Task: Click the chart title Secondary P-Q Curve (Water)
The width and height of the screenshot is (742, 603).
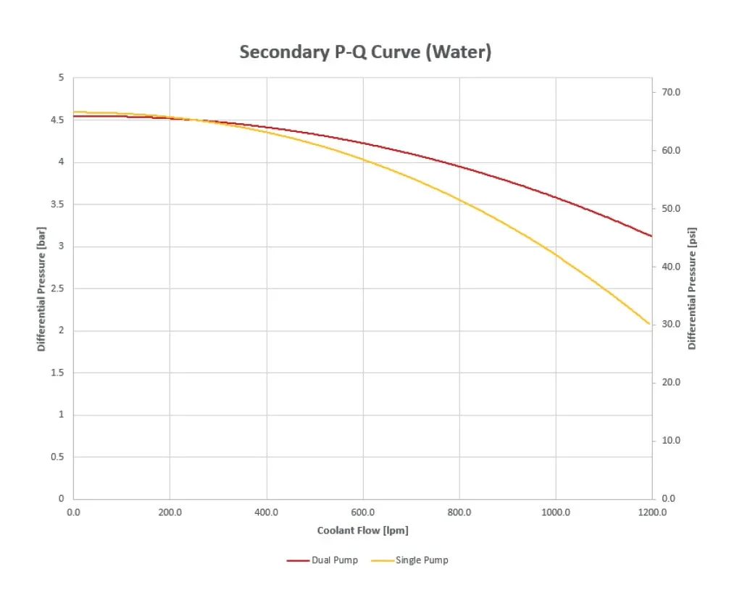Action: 365,52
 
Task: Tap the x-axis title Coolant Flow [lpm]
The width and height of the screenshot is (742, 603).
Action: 362,531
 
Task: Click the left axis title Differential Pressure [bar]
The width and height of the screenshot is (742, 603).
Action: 41,288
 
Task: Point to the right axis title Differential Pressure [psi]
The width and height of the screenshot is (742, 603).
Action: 692,288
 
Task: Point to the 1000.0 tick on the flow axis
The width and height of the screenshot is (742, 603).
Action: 556,512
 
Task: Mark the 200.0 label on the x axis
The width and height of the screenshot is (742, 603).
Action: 170,512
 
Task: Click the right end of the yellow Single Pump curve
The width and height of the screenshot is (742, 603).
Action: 650,324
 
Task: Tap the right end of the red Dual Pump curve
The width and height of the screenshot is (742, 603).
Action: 651,236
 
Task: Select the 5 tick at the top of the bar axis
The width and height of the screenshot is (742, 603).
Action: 62,78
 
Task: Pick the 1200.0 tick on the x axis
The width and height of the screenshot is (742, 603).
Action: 652,512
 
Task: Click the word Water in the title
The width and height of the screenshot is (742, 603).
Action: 459,52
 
